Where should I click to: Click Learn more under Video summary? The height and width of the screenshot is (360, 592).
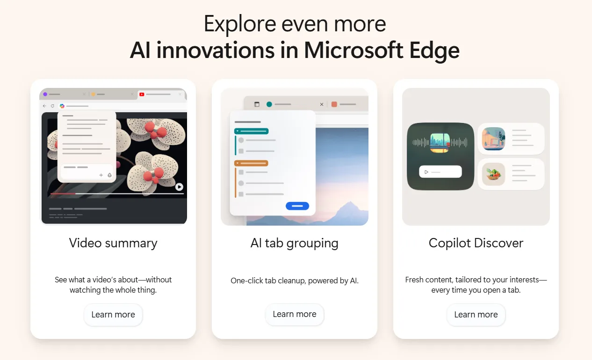pos(113,315)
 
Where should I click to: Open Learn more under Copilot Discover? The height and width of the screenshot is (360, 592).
pos(476,315)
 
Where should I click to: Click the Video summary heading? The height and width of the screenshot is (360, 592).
pos(113,243)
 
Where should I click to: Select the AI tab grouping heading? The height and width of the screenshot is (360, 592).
pos(295,243)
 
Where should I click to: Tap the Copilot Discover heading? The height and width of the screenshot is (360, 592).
pos(476,243)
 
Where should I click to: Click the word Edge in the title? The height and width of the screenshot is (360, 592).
pos(433,50)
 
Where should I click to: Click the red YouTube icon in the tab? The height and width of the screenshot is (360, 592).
pos(142,94)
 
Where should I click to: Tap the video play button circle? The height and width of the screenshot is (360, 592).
pos(179,187)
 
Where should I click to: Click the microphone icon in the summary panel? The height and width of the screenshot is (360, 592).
pos(110,175)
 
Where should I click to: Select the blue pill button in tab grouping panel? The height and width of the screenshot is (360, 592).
pos(297,206)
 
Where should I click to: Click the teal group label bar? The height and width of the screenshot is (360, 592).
pos(252,131)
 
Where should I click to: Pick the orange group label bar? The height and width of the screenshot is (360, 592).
pos(252,163)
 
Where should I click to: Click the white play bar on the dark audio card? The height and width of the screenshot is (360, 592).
pos(440,172)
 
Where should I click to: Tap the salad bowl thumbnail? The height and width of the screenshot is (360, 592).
pos(494,174)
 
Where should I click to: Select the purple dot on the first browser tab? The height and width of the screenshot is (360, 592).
pos(45,94)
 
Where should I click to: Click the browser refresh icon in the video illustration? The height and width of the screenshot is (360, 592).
pos(52,106)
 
